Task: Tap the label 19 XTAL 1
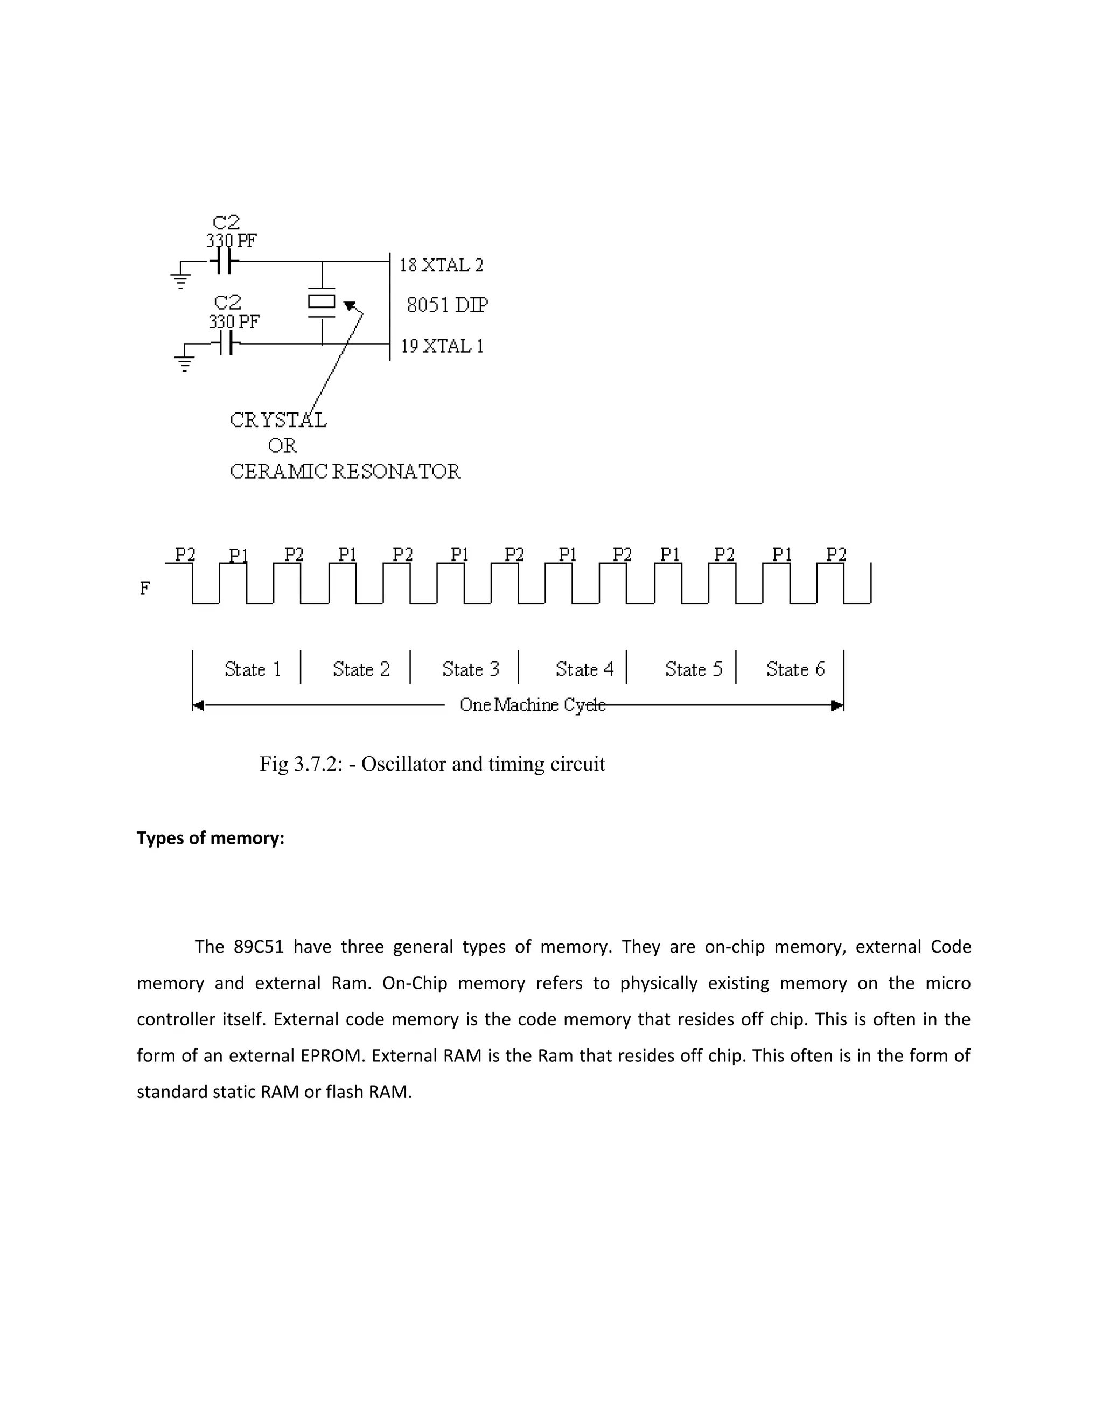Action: coord(442,346)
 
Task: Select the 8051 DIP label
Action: coord(448,305)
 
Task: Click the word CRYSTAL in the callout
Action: coord(278,420)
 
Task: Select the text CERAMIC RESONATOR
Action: coord(345,471)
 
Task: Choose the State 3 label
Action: coord(471,669)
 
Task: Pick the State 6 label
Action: coord(795,669)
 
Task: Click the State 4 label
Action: coord(584,669)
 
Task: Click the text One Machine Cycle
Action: coord(533,705)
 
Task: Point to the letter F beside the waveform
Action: coord(144,589)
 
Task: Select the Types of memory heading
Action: coord(211,838)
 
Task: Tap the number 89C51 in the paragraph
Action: coord(258,947)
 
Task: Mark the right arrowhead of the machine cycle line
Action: coord(837,705)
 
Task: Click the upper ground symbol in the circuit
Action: coord(180,279)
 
